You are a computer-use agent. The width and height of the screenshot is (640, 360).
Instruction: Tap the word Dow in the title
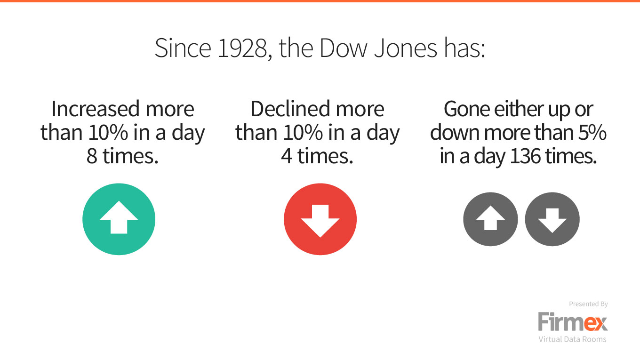[343, 48]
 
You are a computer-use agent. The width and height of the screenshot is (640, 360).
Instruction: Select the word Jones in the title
[406, 48]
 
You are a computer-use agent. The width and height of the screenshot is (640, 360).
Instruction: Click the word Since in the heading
[183, 48]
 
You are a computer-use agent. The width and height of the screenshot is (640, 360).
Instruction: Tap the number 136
[525, 156]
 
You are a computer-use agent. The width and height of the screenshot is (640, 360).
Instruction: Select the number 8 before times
[92, 156]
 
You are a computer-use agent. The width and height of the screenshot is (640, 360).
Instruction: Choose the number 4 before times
[287, 156]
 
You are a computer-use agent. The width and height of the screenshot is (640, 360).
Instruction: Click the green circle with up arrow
[119, 219]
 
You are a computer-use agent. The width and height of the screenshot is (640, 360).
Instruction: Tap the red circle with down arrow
[320, 219]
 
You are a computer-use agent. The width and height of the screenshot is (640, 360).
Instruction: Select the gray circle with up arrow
[490, 219]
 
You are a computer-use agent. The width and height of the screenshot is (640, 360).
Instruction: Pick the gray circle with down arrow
[552, 219]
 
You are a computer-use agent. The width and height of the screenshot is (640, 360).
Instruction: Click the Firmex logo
[573, 322]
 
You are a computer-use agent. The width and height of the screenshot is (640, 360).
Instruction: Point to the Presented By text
[588, 304]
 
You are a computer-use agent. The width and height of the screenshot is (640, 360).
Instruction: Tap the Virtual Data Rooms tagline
[572, 339]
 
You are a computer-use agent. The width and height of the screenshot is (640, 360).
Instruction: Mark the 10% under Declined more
[303, 133]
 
